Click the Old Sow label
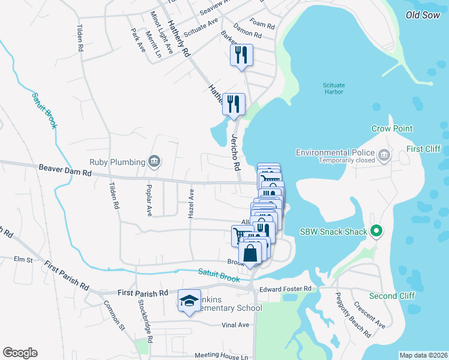coord(423,15)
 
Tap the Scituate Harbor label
coord(333,88)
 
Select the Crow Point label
coord(391,128)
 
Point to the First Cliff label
coord(423,149)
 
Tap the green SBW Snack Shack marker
coord(376,230)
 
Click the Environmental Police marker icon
coord(385,157)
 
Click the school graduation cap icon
coord(189,301)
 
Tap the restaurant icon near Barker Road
coord(242,55)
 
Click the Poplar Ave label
coord(149,200)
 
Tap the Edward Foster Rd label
coord(285,289)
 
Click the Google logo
coord(20,353)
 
